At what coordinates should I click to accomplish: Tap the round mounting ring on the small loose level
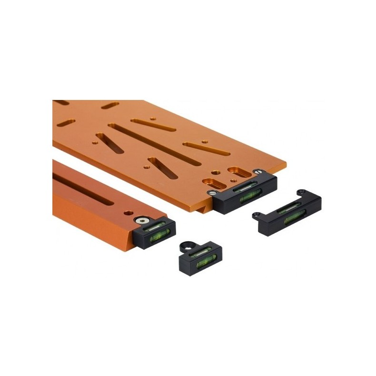click(x=187, y=247)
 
